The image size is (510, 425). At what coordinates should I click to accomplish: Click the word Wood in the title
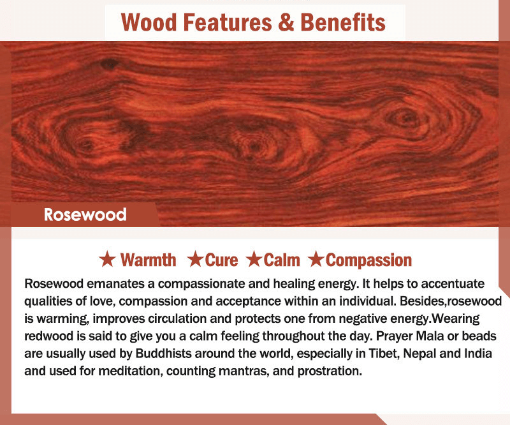149,22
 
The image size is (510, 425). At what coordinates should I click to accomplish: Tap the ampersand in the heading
286,22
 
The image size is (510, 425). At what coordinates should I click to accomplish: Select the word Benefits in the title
343,22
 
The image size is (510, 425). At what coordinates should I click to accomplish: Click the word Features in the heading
228,22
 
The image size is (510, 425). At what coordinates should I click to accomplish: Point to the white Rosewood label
85,214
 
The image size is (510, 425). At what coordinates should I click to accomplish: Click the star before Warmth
107,259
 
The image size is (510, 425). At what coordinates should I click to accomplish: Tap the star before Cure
196,259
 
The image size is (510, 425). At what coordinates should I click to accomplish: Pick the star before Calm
254,259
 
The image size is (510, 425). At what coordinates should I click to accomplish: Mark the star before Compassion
316,259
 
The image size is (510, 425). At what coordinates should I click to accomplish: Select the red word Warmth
149,260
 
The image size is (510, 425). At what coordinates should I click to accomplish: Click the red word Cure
221,260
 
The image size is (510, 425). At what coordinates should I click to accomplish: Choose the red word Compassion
369,260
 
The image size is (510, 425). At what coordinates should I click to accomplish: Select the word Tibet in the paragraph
384,354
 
